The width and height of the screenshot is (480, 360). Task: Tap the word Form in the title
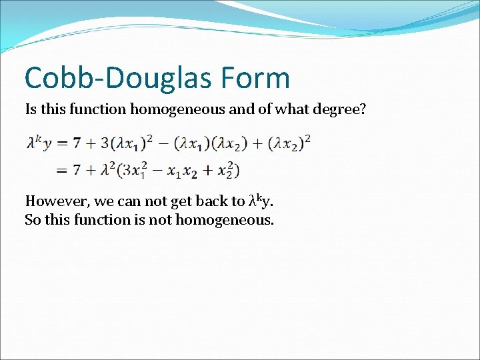(x=259, y=77)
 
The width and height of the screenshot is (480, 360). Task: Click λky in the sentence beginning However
(x=260, y=200)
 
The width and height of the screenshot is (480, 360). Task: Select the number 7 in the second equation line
(x=77, y=170)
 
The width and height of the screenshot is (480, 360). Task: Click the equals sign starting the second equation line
(x=61, y=171)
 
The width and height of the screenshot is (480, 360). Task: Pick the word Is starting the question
(x=31, y=109)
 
